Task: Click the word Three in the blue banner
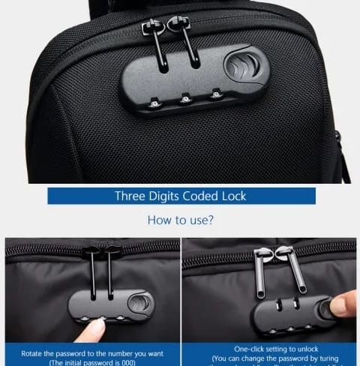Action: point(130,196)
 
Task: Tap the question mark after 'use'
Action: point(214,220)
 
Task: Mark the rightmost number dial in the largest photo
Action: point(216,94)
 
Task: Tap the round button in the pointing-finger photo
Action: point(141,303)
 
